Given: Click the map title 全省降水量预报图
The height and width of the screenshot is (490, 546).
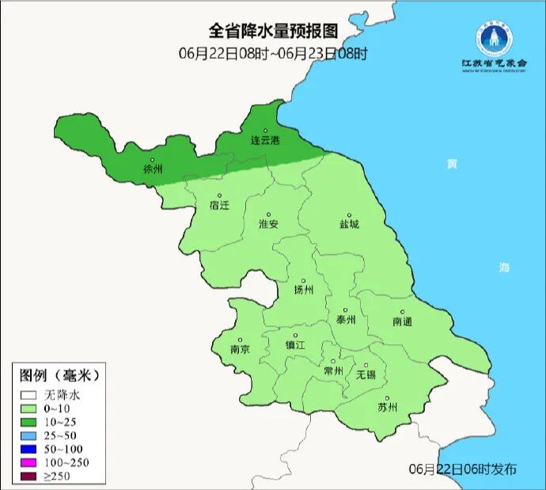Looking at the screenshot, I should pos(273,31).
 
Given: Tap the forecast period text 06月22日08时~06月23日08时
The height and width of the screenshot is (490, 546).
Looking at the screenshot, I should pos(273,53).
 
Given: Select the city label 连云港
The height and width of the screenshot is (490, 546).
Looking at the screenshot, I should pos(265,141).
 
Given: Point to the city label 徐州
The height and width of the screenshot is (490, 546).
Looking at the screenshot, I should pos(152,169).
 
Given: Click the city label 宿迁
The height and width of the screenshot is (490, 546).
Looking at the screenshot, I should pos(219,205).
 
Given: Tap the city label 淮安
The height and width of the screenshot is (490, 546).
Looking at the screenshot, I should pos(268,224).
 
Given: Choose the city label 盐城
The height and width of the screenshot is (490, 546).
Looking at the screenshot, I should pos(349,224).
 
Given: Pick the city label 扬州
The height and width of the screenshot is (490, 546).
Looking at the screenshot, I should pos(303,290).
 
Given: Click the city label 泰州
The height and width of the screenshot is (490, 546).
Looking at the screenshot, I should pos(346,320).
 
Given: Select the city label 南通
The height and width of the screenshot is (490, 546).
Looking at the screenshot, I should pos(402,321).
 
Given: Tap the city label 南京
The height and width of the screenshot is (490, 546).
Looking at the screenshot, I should pos(240,349).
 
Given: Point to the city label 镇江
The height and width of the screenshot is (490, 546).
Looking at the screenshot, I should pos(295,345).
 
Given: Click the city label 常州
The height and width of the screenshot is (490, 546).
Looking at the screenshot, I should pos(333,370).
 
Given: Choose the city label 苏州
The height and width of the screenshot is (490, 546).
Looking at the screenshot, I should pos(387,408).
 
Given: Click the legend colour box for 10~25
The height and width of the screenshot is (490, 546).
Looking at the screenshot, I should pos(29,422).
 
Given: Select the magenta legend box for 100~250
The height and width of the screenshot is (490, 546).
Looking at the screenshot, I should pos(29,462).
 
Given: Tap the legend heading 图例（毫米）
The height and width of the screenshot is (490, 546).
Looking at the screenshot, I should pos(59,374).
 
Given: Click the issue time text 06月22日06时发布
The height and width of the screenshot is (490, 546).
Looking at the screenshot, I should pos(463,469).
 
